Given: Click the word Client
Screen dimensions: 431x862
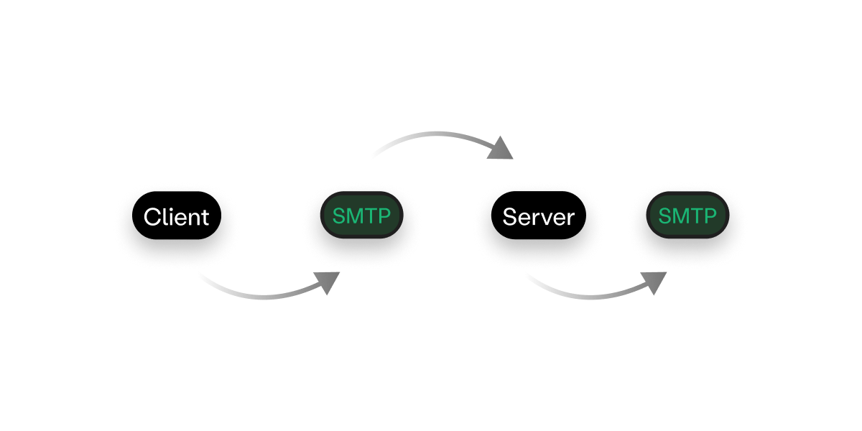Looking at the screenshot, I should coord(176,217).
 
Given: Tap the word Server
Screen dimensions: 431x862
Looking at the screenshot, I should coord(538,217).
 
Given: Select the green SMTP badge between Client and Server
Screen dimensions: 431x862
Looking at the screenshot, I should coord(361,216).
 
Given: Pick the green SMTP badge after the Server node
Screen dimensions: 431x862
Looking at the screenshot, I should coord(687,216).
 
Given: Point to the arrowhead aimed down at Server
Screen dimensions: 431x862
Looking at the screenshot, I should coord(503,149).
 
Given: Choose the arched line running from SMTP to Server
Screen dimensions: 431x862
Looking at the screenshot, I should coord(431,134).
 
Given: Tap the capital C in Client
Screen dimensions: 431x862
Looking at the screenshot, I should coord(151,217).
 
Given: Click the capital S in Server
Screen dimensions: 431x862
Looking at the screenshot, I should coord(509,217).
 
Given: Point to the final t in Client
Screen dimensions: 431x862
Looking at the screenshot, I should coord(205,217).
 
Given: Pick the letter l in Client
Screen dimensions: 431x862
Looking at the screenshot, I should coord(163,216).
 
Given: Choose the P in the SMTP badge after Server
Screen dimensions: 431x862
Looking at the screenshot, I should coord(710,216).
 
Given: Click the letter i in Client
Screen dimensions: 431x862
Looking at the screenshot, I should coord(170,216).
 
